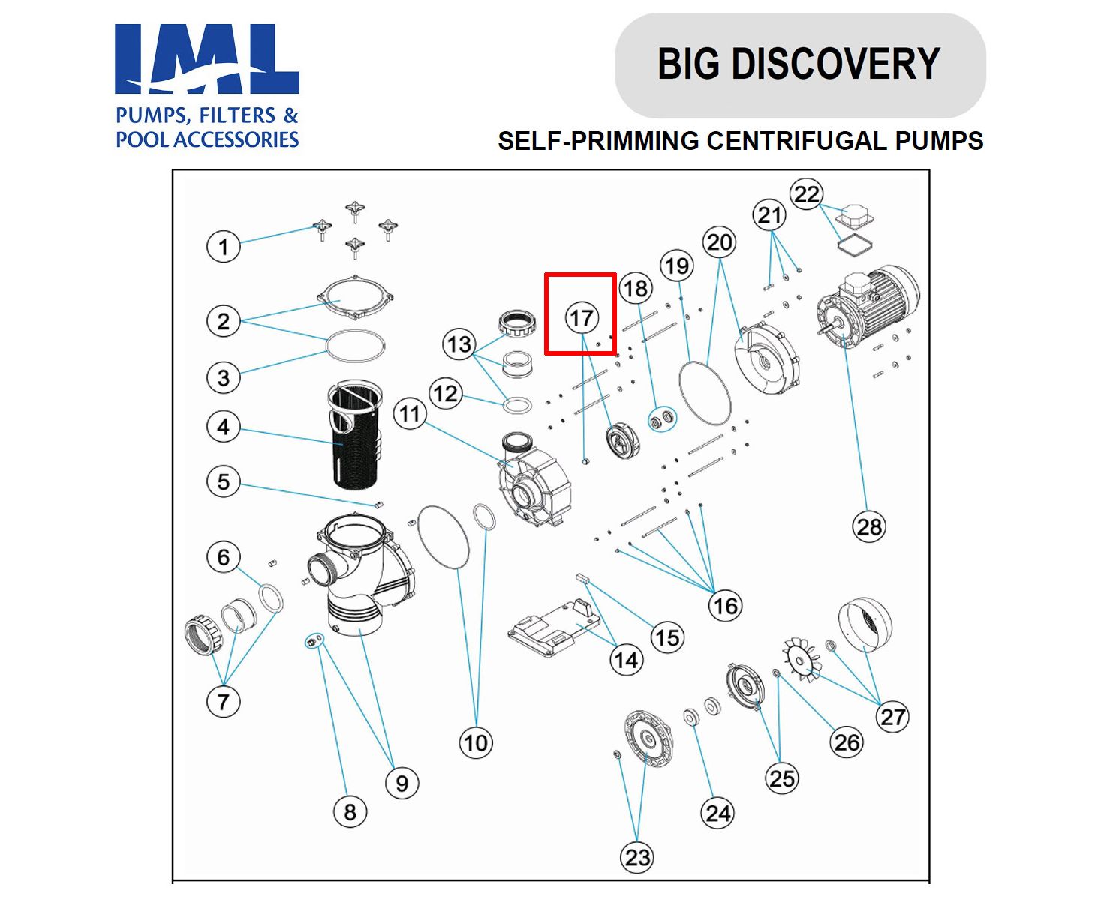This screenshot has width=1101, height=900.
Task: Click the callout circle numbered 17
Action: [x=582, y=318]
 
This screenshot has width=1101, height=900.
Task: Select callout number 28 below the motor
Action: [x=869, y=526]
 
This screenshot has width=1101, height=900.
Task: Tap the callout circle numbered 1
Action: [x=223, y=247]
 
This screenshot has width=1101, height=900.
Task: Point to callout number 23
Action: [x=637, y=857]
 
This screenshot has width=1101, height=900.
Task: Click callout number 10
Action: [x=475, y=742]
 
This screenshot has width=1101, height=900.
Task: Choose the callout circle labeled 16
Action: [x=726, y=606]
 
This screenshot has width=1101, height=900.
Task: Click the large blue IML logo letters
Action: [x=206, y=60]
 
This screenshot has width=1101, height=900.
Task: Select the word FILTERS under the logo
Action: [x=233, y=115]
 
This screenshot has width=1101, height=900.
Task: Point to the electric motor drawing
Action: [x=871, y=307]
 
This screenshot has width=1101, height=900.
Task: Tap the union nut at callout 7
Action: [x=203, y=635]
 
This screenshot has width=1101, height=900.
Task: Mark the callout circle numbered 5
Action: [x=223, y=481]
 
